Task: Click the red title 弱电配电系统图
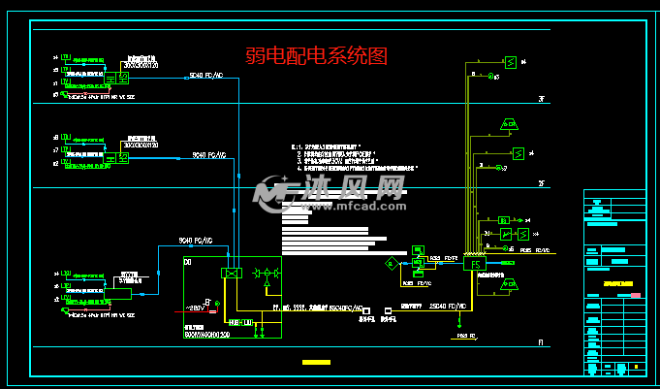(x=316, y=57)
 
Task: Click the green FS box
(x=474, y=263)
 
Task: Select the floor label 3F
(x=543, y=99)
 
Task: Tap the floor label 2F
(x=543, y=183)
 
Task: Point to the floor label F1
(x=543, y=343)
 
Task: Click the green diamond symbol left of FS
(x=391, y=263)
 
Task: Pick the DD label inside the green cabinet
(x=188, y=263)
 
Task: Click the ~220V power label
(x=195, y=308)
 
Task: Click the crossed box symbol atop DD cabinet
(x=231, y=274)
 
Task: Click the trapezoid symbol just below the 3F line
(x=508, y=123)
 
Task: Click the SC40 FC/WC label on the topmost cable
(x=206, y=75)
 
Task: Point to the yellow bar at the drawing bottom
(x=316, y=363)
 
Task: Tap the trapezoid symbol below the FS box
(x=510, y=286)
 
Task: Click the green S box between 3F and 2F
(x=519, y=152)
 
